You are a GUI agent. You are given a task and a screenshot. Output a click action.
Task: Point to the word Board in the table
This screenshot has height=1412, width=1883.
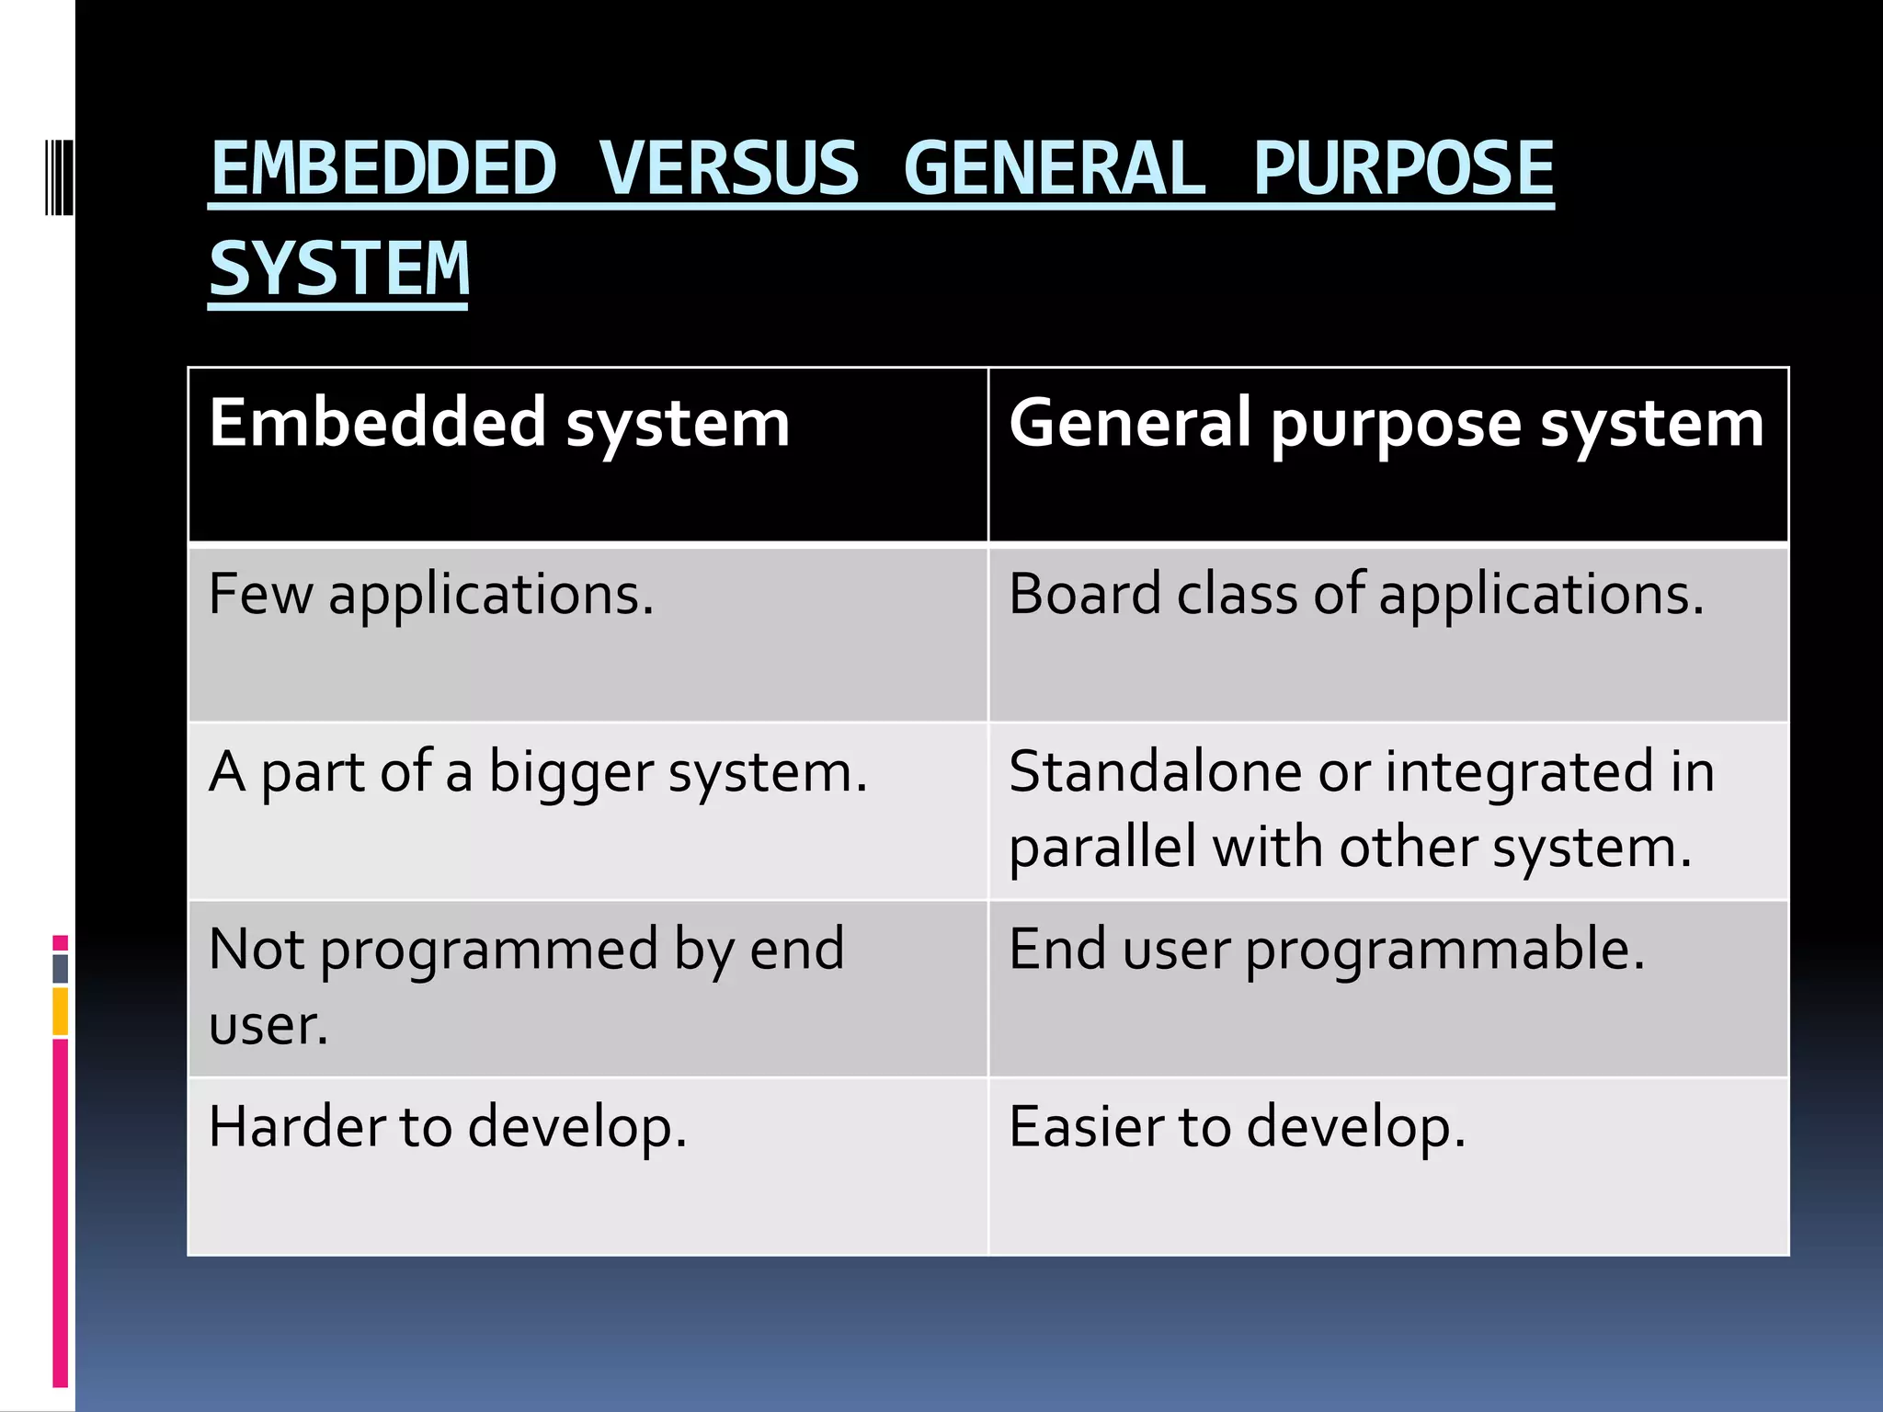[1084, 594]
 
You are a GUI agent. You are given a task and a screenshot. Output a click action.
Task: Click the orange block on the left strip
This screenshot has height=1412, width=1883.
[61, 1011]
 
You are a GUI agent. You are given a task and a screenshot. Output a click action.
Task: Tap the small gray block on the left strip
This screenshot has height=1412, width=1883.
[61, 968]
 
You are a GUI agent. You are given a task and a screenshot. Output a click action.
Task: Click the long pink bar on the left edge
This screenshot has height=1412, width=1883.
[61, 1213]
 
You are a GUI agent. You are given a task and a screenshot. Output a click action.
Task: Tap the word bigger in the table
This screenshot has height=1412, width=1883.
[570, 772]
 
